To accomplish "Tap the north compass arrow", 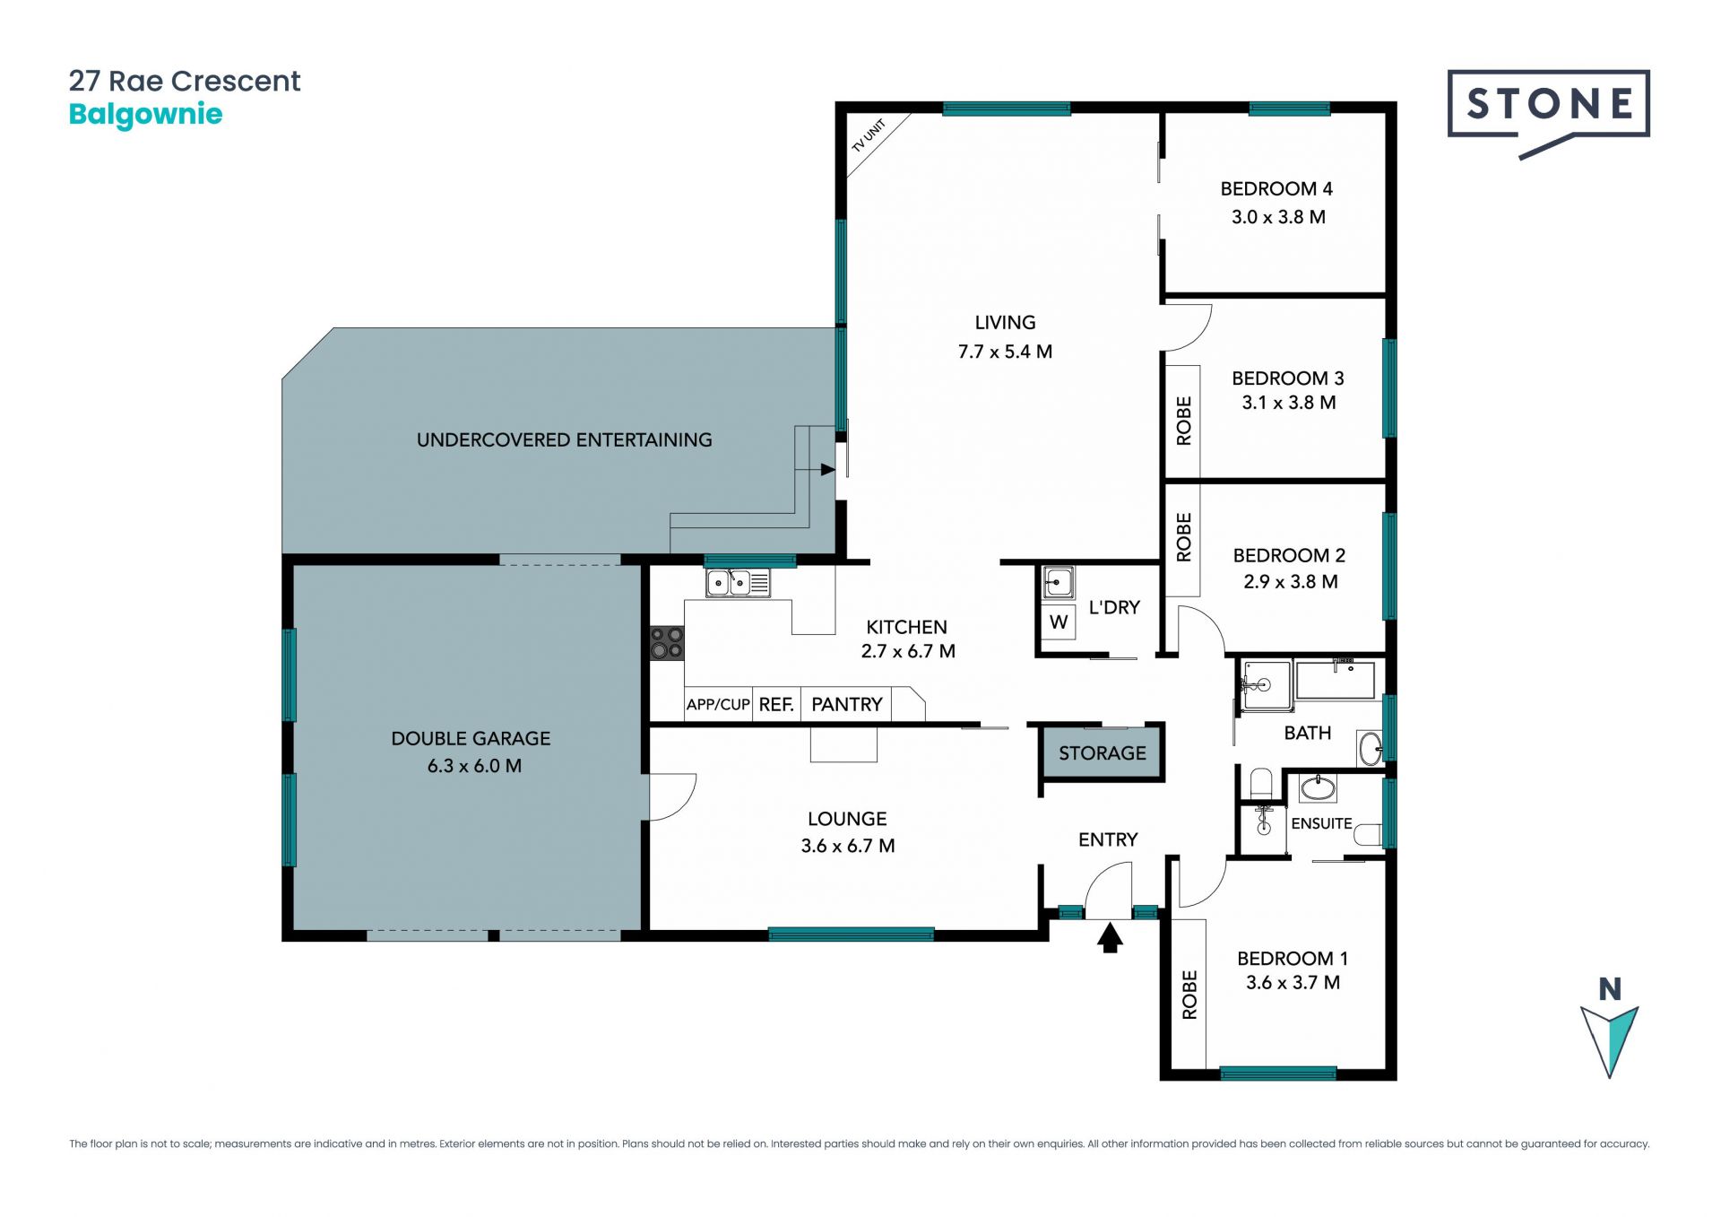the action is click(1609, 1040).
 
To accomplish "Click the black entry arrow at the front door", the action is click(1110, 938).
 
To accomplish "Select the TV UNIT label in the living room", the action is click(868, 135).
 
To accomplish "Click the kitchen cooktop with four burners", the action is click(667, 643).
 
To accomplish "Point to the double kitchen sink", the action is click(738, 584).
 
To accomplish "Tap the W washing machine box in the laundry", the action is click(1059, 622).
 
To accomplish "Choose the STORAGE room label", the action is click(1102, 753).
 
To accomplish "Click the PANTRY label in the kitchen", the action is click(847, 705).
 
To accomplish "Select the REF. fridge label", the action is click(776, 705).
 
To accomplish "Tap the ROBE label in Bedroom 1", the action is click(1189, 995).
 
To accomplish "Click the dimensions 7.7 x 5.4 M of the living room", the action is click(1005, 352).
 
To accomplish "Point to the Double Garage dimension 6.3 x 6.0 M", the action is click(474, 766).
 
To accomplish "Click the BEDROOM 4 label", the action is click(1276, 189).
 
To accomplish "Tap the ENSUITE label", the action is click(1321, 823).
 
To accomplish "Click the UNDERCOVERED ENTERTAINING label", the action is click(564, 440).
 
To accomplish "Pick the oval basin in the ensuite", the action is click(1318, 788).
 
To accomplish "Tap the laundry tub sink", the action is click(1059, 583).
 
